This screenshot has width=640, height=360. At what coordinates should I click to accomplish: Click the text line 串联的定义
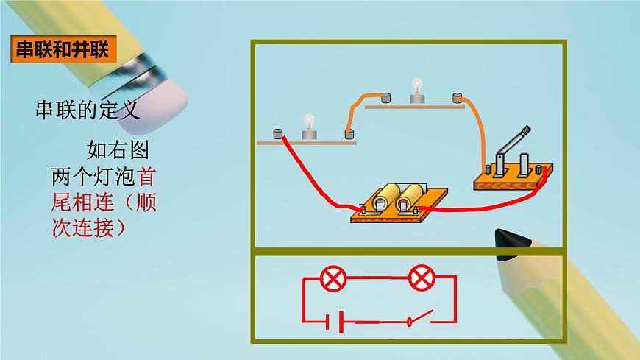87,111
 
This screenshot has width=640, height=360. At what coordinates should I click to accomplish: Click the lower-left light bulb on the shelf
309,127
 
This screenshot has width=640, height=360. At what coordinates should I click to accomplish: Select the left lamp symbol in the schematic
334,278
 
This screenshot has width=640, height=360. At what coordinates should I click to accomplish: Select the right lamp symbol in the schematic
422,278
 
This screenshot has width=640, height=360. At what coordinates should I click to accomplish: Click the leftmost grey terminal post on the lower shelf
278,135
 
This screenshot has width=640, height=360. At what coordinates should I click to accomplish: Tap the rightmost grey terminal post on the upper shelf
458,96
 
